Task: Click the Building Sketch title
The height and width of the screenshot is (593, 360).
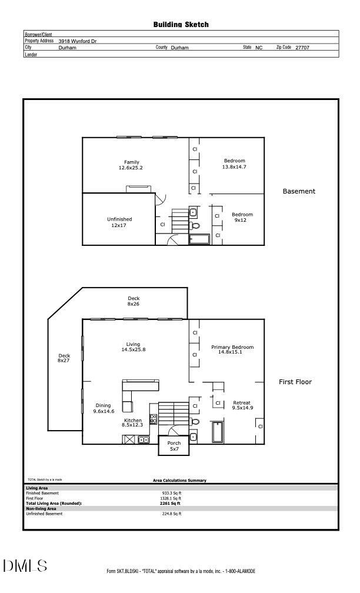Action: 181,25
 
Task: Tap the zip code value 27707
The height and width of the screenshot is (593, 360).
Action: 302,48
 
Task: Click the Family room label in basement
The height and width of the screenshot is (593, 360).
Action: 131,165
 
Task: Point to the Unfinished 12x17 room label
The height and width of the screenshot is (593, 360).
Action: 119,222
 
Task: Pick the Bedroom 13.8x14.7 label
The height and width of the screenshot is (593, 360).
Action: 234,164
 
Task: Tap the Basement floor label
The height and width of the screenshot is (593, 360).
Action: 299,191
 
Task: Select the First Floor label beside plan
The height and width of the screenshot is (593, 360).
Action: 295,382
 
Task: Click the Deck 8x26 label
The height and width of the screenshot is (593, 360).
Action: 134,302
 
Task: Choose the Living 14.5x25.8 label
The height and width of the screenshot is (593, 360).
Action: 133,347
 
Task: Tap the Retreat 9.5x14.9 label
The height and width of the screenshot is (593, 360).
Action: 242,405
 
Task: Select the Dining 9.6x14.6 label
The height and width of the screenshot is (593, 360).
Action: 103,408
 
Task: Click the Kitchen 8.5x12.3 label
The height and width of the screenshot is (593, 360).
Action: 132,423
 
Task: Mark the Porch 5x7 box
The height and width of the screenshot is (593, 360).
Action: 174,446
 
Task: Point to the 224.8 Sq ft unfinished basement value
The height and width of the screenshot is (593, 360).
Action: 171,514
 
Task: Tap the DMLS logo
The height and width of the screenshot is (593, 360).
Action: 25,566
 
